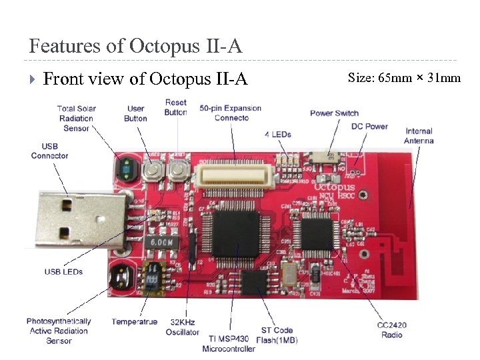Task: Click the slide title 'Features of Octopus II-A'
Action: click(135, 47)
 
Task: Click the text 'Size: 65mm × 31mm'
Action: click(404, 78)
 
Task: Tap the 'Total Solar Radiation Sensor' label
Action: click(76, 118)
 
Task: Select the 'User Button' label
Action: click(135, 113)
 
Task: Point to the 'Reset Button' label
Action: click(175, 107)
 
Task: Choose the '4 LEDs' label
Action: click(277, 134)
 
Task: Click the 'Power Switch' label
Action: click(334, 113)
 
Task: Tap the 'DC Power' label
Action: click(369, 126)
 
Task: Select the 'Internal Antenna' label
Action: click(419, 135)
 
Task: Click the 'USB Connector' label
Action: click(49, 151)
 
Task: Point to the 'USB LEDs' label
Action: click(64, 271)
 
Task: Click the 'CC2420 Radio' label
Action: click(391, 330)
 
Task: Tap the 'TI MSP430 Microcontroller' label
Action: click(229, 344)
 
